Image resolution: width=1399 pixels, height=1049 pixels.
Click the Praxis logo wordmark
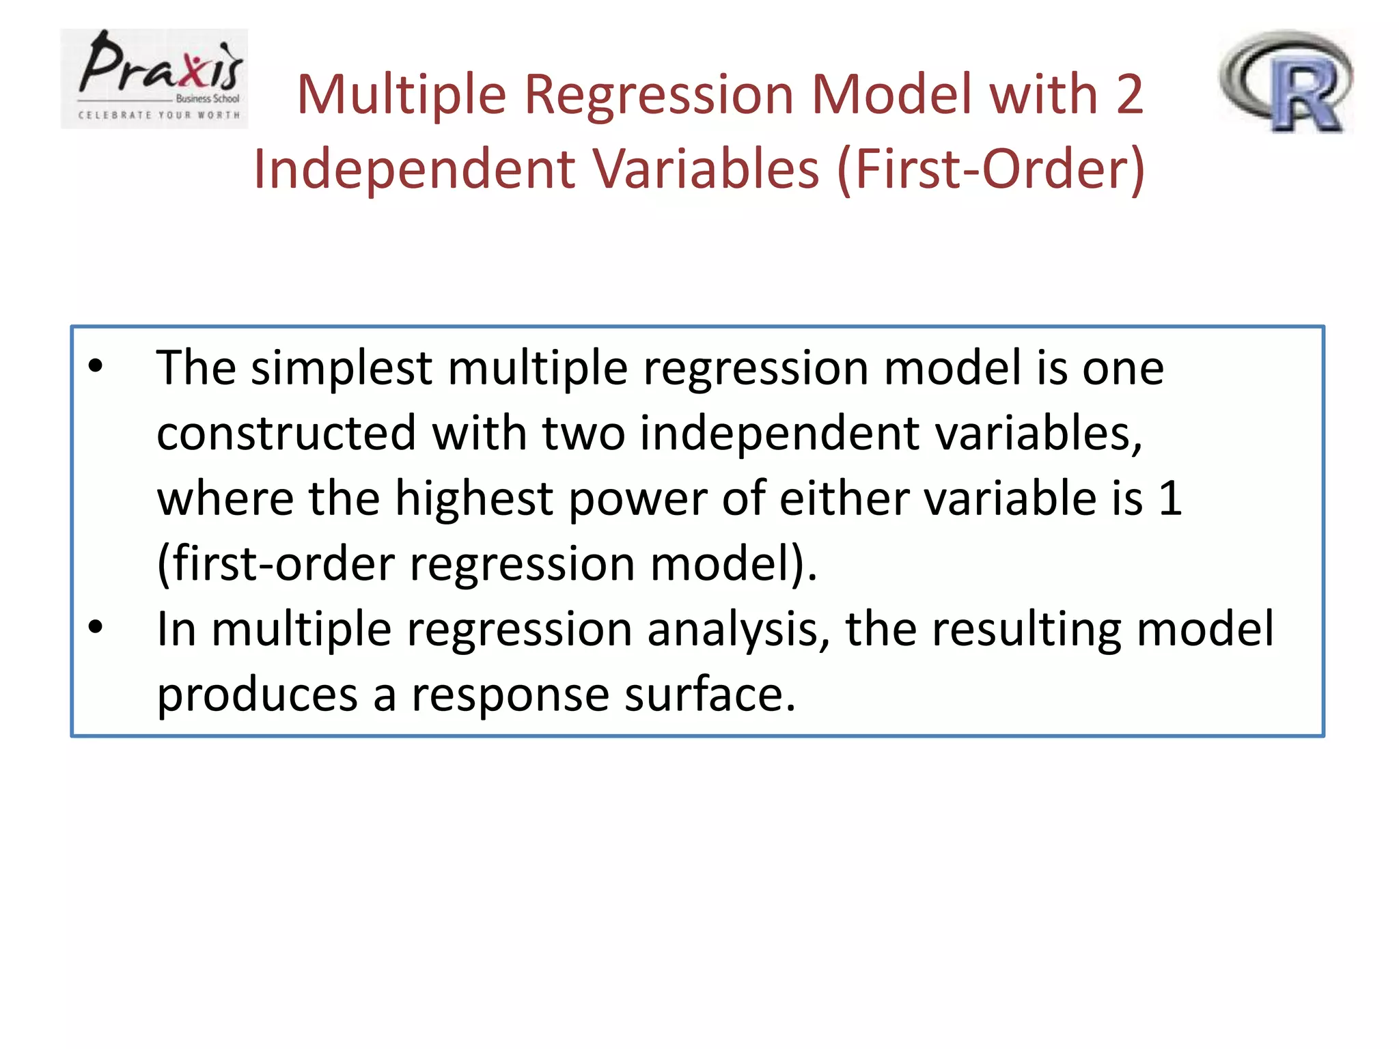161,66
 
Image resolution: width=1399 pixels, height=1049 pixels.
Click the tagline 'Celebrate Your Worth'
159,115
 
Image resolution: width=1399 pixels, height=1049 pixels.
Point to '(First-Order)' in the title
991,169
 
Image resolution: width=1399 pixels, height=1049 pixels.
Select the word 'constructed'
286,434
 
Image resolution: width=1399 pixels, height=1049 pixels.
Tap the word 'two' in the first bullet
583,434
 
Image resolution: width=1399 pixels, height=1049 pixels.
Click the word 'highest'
474,499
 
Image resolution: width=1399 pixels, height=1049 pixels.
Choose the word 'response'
510,695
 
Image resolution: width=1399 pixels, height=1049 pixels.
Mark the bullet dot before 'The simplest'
96,366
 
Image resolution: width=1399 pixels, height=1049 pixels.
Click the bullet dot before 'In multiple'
96,626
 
